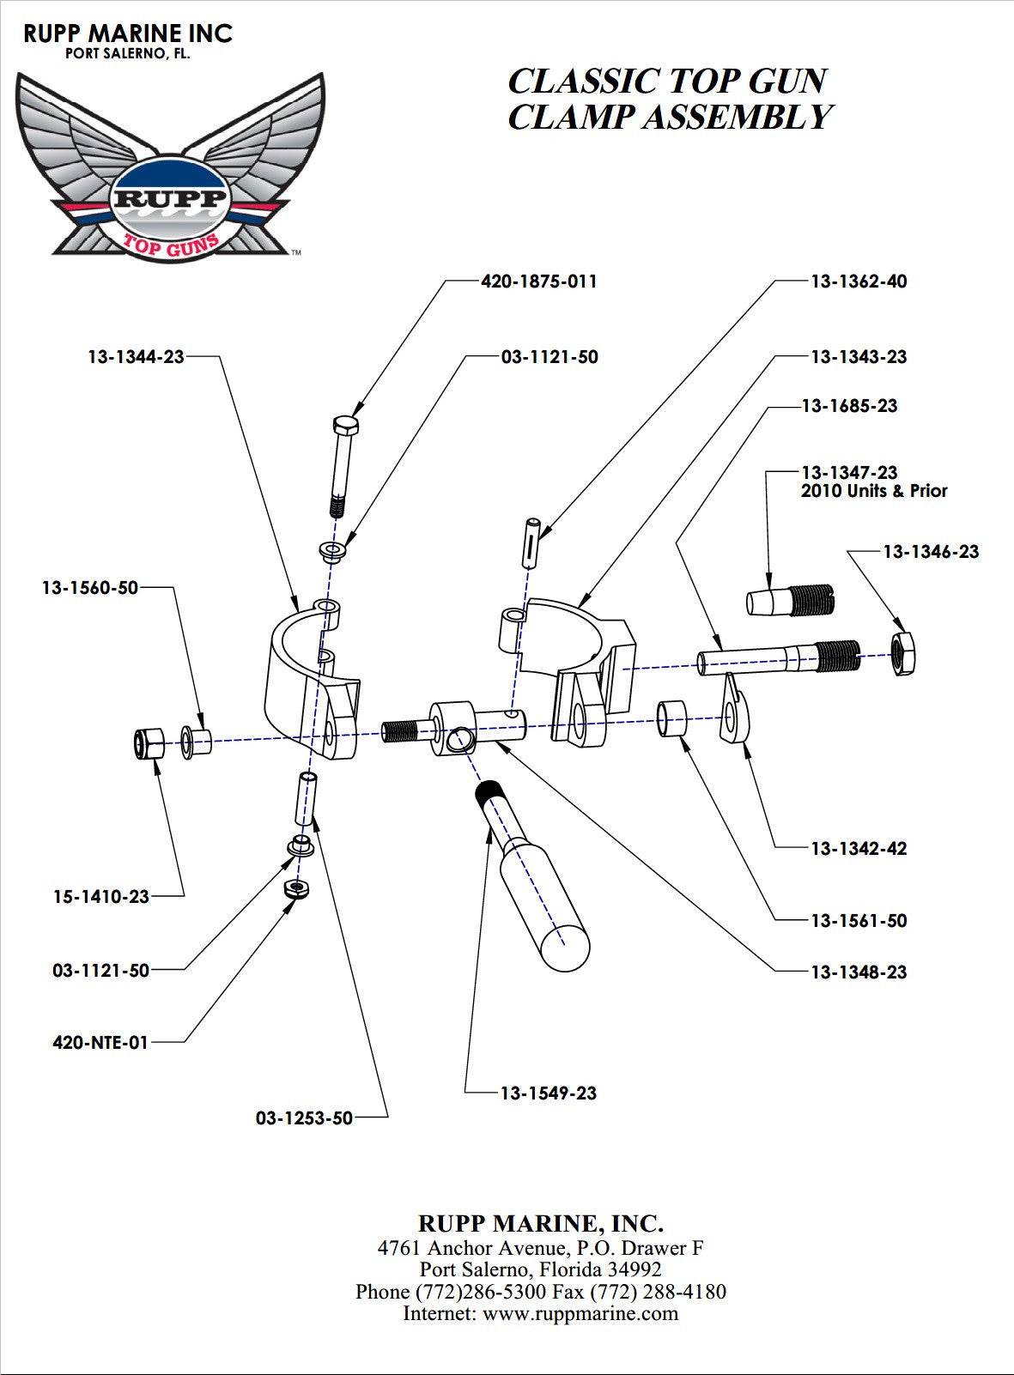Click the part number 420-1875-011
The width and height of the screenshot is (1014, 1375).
click(x=538, y=282)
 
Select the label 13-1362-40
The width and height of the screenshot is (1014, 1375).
click(x=859, y=282)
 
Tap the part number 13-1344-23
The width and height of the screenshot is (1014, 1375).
click(x=136, y=356)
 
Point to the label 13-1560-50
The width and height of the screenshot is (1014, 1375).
click(x=90, y=588)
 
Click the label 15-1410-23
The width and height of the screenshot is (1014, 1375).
click(x=101, y=896)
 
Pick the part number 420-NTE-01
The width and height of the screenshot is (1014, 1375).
click(x=100, y=1042)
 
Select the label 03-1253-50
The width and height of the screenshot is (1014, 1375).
click(x=304, y=1118)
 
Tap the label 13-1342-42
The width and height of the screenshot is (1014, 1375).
click(x=859, y=848)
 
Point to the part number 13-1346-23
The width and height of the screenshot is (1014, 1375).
click(x=931, y=551)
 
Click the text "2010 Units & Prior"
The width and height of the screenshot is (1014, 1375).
click(x=874, y=491)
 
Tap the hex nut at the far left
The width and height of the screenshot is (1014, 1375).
click(x=149, y=743)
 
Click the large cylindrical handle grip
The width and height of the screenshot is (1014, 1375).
click(x=543, y=902)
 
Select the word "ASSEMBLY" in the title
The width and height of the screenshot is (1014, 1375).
click(x=737, y=118)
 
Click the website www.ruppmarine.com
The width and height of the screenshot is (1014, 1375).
click(x=580, y=1313)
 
